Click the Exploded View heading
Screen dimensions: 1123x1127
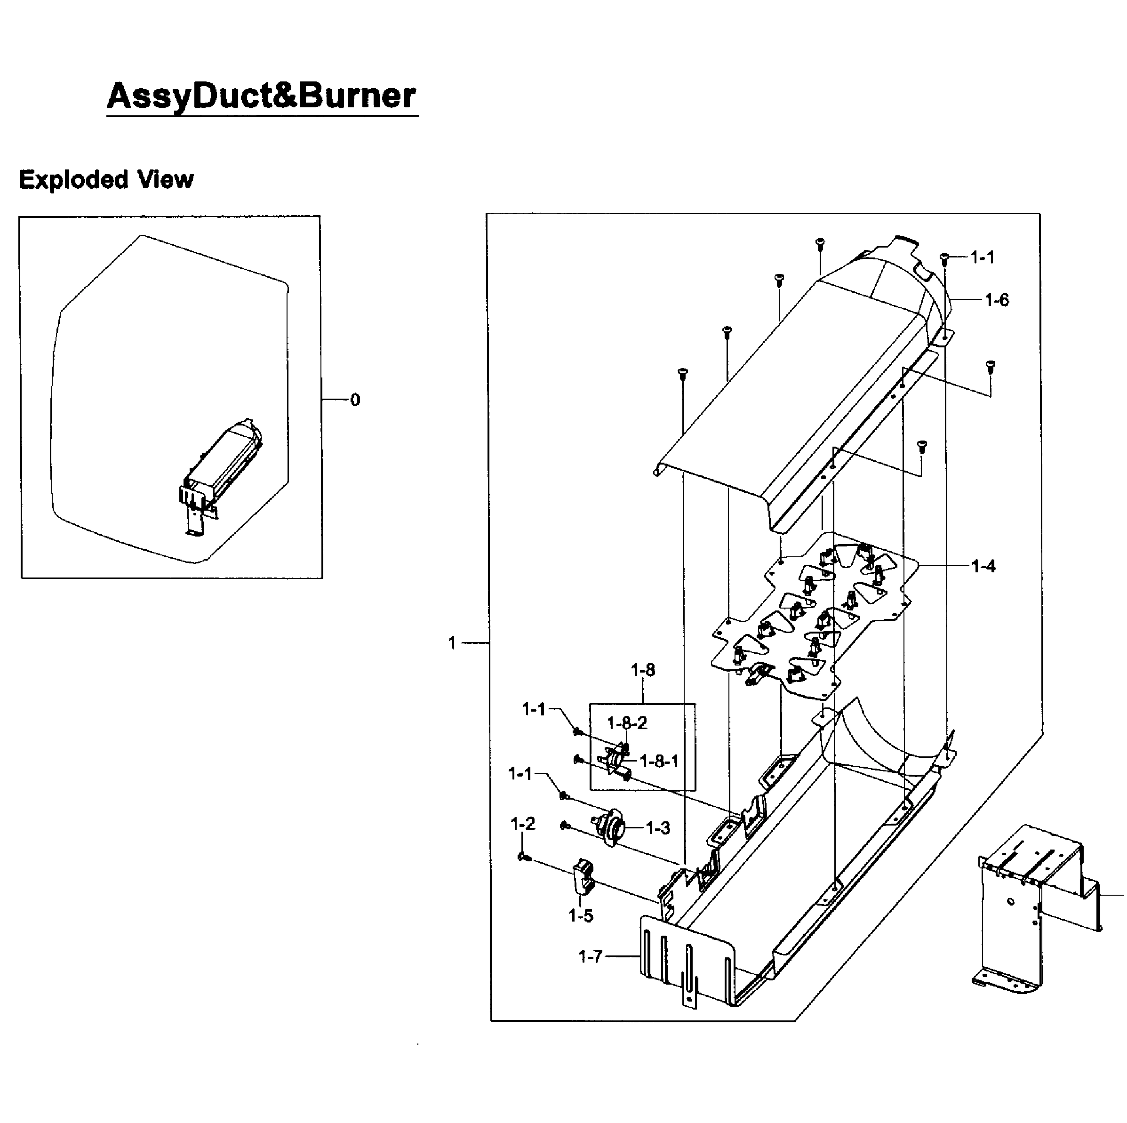click(106, 179)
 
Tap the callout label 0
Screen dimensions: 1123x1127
click(355, 400)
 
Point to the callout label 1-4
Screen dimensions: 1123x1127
click(983, 566)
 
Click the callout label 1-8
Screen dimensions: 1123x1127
click(643, 670)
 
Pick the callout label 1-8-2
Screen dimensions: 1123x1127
click(627, 723)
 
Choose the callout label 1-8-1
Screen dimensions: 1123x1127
click(659, 762)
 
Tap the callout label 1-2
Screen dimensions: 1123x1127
click(523, 824)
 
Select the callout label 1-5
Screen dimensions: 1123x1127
click(581, 916)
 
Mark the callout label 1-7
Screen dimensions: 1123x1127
click(591, 957)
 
